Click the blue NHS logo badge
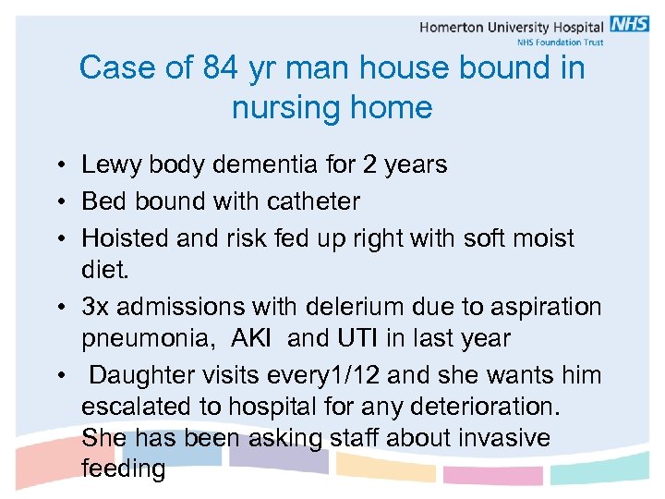click(629, 25)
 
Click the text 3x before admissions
click(96, 307)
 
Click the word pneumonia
click(148, 339)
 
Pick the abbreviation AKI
click(252, 339)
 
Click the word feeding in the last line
click(124, 469)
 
